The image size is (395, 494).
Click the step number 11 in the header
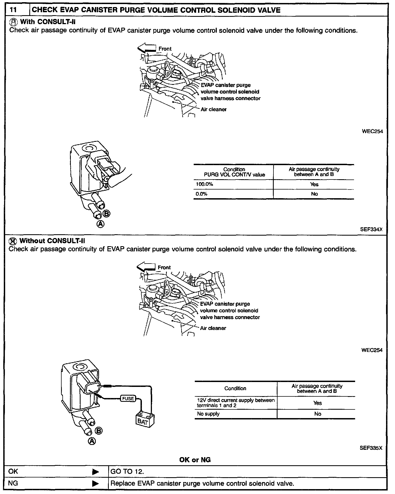tap(13, 10)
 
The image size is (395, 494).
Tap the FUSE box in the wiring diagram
tap(128, 398)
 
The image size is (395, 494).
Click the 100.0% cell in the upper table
tap(205, 184)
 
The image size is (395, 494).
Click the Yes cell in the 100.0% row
tap(314, 184)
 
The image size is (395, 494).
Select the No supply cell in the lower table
tap(208, 414)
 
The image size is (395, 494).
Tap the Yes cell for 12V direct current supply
tap(317, 403)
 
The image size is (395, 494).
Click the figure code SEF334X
tap(371, 229)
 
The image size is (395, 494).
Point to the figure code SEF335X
tap(371, 448)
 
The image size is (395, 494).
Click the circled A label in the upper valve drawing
tap(100, 224)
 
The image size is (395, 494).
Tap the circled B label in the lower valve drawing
tap(99, 431)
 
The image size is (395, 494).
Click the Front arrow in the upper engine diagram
tap(146, 48)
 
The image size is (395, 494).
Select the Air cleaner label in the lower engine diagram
tap(213, 328)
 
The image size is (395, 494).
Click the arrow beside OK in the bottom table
tap(95, 472)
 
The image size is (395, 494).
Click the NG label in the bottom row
tap(13, 483)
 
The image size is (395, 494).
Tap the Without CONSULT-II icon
tap(13, 241)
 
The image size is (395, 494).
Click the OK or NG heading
tap(195, 460)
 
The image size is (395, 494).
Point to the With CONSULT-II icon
tap(13, 22)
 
